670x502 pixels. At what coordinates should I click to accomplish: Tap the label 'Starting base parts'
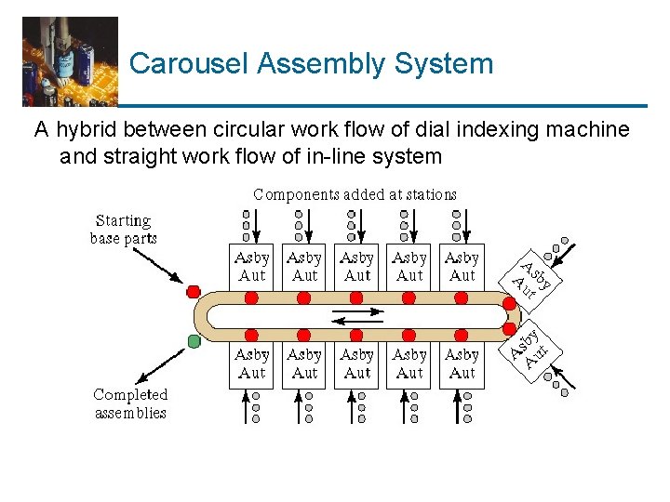[x=123, y=229]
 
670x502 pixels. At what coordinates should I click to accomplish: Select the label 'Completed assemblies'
[x=130, y=403]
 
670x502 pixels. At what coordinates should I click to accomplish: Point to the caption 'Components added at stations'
[x=355, y=194]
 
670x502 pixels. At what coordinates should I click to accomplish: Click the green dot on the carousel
[x=194, y=341]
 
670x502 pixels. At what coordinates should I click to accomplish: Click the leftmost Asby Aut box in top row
[x=251, y=267]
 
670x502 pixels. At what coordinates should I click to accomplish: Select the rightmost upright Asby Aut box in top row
[x=462, y=267]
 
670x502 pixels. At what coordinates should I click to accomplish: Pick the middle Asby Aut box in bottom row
[x=356, y=363]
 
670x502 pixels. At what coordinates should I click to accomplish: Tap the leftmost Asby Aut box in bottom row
[x=251, y=363]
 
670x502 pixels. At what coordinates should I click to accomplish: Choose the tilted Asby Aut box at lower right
[x=532, y=348]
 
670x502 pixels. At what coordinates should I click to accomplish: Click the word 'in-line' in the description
[x=336, y=155]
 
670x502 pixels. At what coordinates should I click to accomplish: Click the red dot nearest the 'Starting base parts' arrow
[x=194, y=291]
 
